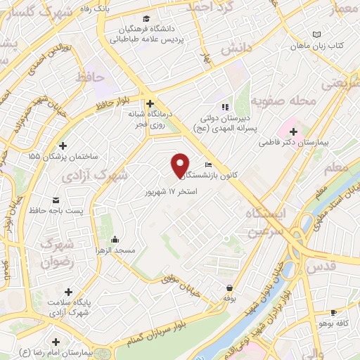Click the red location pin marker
pyautogui.click(x=181, y=165)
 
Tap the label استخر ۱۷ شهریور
pyautogui.click(x=171, y=191)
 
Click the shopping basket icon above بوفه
pyautogui.click(x=229, y=288)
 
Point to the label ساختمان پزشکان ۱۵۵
pyautogui.click(x=60, y=156)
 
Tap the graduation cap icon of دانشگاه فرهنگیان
pyautogui.click(x=146, y=18)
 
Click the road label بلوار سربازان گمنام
pyautogui.click(x=162, y=329)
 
